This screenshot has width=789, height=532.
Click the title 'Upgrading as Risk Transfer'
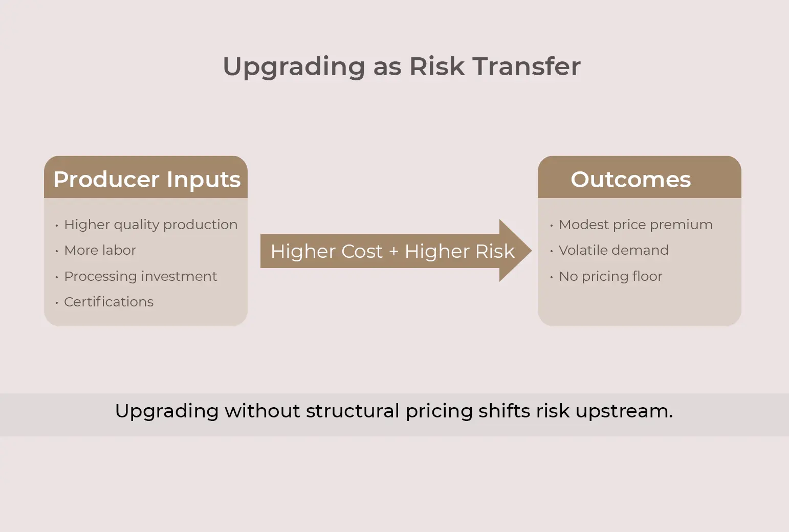coord(402,66)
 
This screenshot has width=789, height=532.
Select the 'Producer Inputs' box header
coord(146,179)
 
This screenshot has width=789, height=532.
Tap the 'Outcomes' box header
coord(630,179)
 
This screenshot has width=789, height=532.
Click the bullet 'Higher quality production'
coord(150,225)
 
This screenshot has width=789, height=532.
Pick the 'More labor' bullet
coord(100,250)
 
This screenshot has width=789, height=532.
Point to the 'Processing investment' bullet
coord(140,276)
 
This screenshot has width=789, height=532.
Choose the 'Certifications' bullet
coord(108,302)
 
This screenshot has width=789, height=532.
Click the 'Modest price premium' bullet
coord(635,225)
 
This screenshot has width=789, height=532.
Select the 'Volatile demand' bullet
coord(613,250)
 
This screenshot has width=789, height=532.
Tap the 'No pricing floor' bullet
coord(610,276)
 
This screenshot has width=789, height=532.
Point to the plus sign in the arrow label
coord(393,252)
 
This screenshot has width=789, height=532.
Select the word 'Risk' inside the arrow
coord(495,251)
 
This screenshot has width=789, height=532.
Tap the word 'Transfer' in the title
coord(527,66)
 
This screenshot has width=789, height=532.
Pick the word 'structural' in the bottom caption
coord(353,411)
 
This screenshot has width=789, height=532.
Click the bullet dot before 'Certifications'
coord(57,303)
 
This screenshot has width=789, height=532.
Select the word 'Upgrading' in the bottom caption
coord(167,411)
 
